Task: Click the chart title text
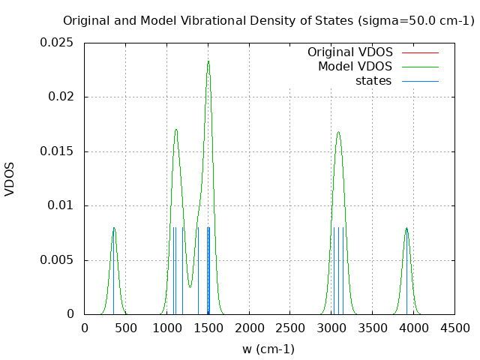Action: pyautogui.click(x=268, y=21)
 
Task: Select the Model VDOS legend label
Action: pyautogui.click(x=355, y=67)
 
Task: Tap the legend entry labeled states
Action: pyautogui.click(x=373, y=81)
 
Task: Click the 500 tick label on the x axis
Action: pyautogui.click(x=125, y=328)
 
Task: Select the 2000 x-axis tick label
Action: pyautogui.click(x=249, y=328)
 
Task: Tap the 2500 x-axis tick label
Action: pyautogui.click(x=290, y=328)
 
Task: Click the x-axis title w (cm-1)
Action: pyautogui.click(x=268, y=349)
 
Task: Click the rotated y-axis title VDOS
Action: pyautogui.click(x=10, y=178)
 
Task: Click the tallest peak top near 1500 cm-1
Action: pyautogui.click(x=208, y=61)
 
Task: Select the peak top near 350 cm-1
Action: pyautogui.click(x=114, y=228)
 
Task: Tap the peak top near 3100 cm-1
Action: pyautogui.click(x=338, y=133)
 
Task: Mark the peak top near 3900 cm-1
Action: pyautogui.click(x=406, y=228)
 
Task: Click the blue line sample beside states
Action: pyautogui.click(x=420, y=81)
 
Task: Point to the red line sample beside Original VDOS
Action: pyautogui.click(x=420, y=52)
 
